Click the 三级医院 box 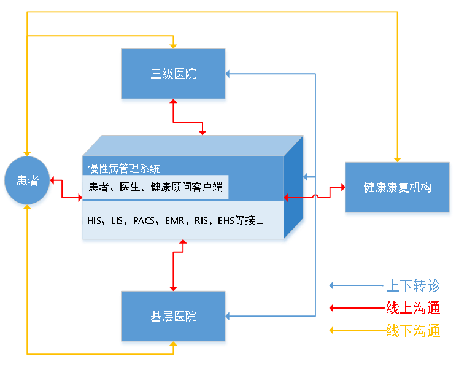174,74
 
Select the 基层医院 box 174,316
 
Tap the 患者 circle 27,181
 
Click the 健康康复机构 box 398,187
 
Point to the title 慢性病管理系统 124,169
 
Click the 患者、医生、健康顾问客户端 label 155,187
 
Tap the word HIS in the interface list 95,221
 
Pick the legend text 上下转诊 413,286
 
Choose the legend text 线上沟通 413,308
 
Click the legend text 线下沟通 413,330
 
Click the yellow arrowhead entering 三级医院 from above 174,45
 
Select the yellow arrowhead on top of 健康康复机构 398,159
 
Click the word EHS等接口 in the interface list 241,221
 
